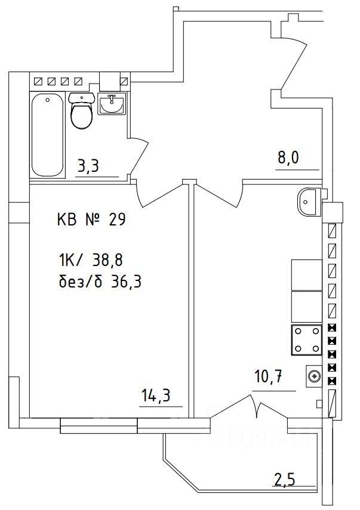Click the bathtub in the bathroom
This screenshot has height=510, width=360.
pos(48,134)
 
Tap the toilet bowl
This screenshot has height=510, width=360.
pos(81,112)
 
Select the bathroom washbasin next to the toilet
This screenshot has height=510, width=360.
pos(112,105)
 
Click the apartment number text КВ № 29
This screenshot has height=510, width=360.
pos(90,220)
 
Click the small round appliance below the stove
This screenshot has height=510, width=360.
pos(314,376)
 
